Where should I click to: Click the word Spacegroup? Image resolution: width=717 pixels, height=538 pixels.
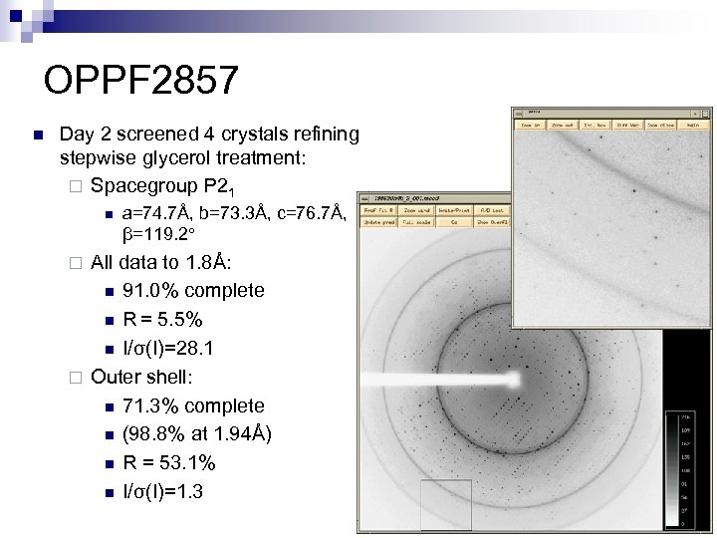143,185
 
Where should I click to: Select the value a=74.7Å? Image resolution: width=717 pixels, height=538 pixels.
154,213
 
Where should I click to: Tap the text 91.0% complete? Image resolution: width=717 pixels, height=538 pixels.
193,290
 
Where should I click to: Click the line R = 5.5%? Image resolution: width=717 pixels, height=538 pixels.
162,320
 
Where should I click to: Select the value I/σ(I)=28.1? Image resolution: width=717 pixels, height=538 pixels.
167,349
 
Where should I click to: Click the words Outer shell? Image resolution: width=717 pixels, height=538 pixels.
141,377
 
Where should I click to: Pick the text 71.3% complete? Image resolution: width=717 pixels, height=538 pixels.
193,405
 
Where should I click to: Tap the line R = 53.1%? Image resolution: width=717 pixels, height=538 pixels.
168,463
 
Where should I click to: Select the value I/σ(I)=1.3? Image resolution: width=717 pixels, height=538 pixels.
162,492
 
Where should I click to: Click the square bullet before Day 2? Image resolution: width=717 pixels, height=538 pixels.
35,134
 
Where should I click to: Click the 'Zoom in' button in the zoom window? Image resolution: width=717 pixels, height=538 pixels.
529,126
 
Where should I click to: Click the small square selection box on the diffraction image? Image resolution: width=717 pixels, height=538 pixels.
439,499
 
